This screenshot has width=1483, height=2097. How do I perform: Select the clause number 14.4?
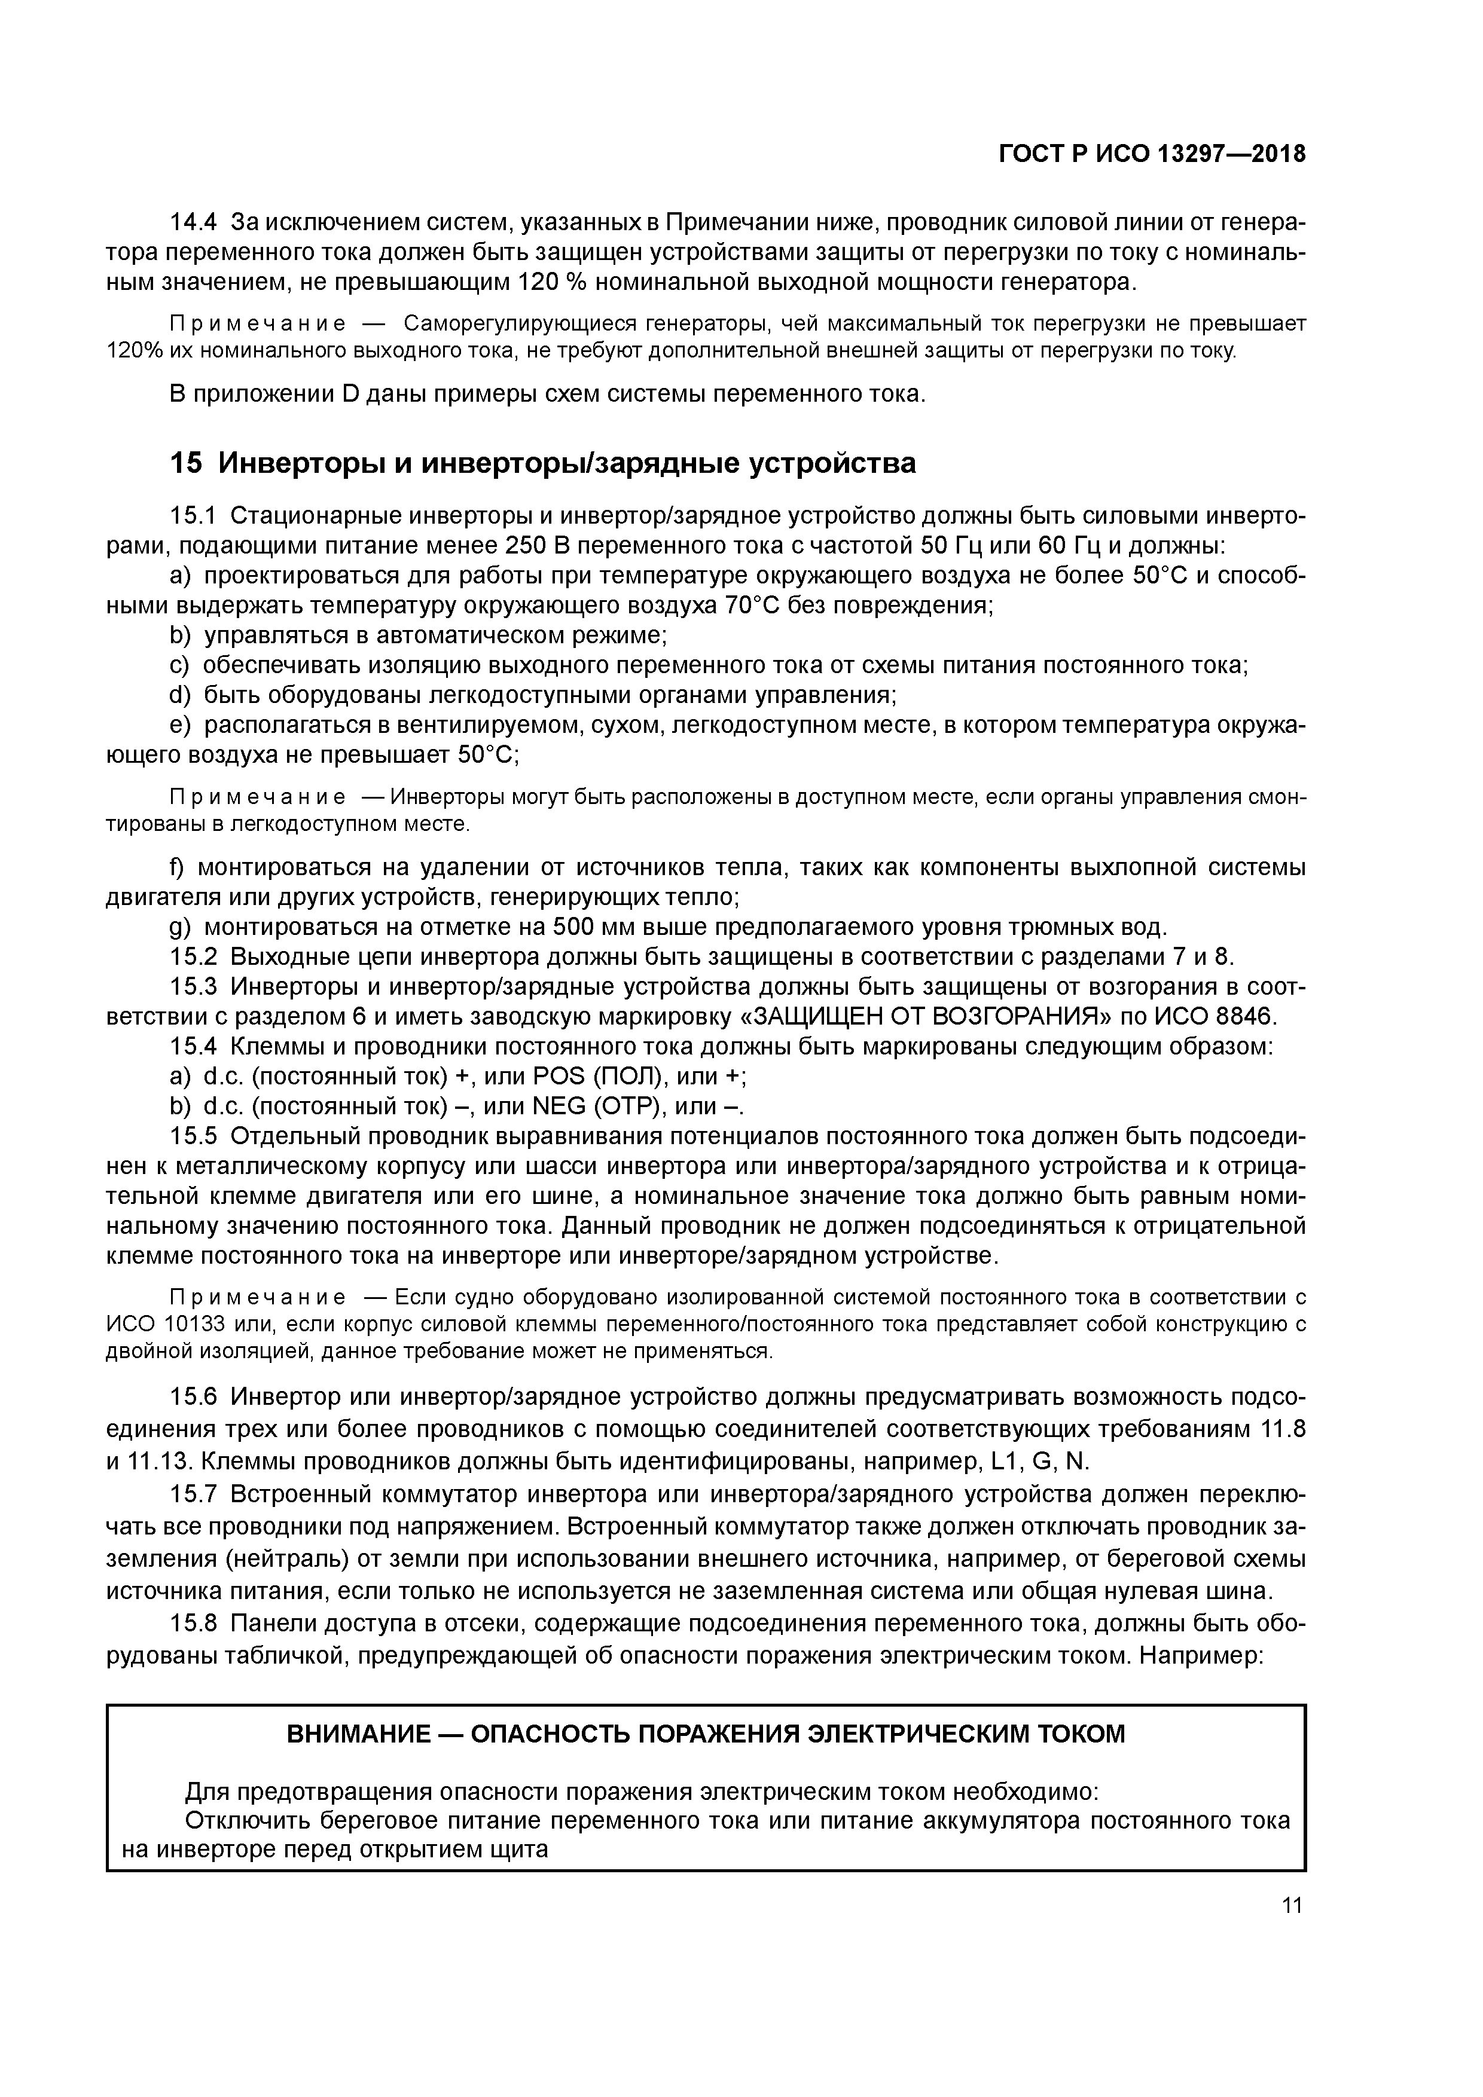click(194, 222)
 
